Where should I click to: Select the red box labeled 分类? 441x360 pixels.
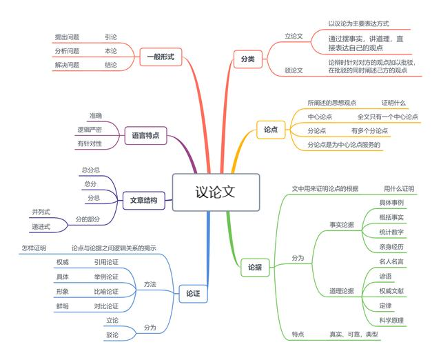pyautogui.click(x=247, y=59)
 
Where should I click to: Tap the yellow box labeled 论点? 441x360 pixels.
pyautogui.click(x=271, y=129)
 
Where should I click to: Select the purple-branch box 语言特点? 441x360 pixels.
pyautogui.click(x=145, y=136)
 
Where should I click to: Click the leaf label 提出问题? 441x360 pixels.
pyautogui.click(x=67, y=37)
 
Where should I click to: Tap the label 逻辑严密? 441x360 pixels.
pyautogui.click(x=90, y=130)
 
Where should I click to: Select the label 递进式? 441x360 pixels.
pyautogui.click(x=41, y=226)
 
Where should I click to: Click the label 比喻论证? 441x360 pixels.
pyautogui.click(x=106, y=292)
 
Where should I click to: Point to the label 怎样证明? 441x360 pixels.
pyautogui.click(x=33, y=248)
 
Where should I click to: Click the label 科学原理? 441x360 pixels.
pyautogui.click(x=391, y=320)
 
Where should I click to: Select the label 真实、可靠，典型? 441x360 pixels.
pyautogui.click(x=353, y=334)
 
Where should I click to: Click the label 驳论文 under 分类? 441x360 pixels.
pyautogui.click(x=294, y=70)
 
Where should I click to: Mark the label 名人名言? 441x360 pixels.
pyautogui.click(x=391, y=261)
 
